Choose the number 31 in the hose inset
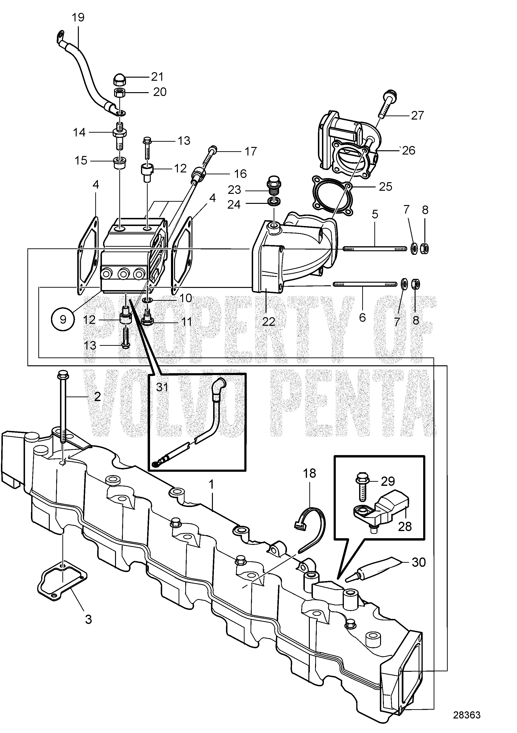click(162, 387)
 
